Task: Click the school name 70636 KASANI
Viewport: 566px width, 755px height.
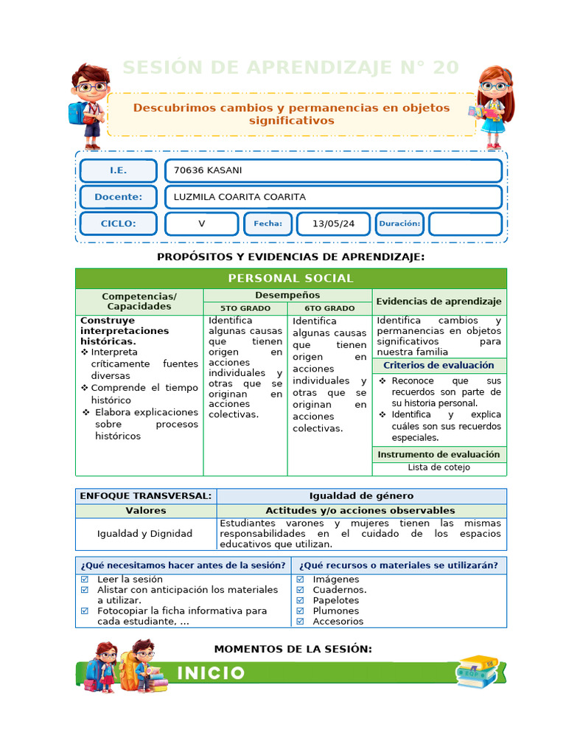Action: tap(208, 171)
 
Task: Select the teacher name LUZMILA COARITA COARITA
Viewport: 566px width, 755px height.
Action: tap(239, 197)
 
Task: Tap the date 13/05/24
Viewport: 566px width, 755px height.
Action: tap(333, 223)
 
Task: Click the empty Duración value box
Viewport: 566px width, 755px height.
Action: tap(465, 223)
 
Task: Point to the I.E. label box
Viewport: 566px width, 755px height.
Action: tap(118, 171)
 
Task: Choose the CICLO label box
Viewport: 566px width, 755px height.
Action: tap(118, 223)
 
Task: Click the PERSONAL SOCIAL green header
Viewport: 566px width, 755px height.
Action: tap(290, 278)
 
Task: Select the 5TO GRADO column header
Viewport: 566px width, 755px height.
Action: tap(245, 308)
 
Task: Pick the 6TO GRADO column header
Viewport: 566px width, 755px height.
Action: tap(329, 308)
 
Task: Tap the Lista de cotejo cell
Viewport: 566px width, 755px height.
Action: tap(439, 467)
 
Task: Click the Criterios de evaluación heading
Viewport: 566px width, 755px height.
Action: tap(439, 365)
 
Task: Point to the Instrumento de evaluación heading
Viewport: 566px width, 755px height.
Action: tap(439, 454)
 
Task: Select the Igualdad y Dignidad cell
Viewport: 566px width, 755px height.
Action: tap(145, 533)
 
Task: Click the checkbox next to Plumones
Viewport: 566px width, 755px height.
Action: tap(300, 610)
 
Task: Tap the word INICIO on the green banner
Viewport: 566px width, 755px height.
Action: tap(211, 672)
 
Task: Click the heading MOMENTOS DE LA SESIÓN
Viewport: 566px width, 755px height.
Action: tap(293, 649)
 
